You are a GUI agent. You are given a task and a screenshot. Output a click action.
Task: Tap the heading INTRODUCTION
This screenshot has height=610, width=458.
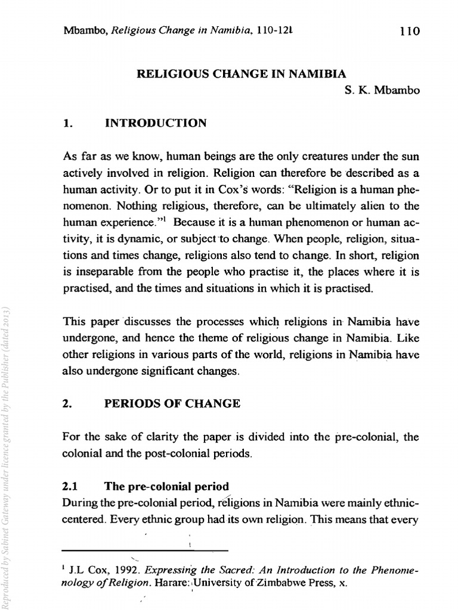(156, 123)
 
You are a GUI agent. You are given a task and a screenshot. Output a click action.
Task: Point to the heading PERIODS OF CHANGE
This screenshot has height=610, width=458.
(172, 403)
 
